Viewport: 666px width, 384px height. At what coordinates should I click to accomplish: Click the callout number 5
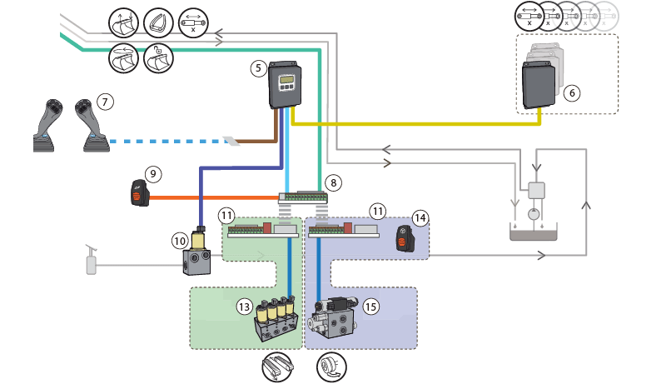tap(258, 68)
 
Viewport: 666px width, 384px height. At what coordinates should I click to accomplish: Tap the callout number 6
tap(572, 92)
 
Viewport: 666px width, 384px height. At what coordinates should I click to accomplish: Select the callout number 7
tap(105, 102)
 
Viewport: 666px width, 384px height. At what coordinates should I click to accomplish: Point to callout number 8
tap(334, 182)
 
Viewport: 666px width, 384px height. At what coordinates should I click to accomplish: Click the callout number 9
tap(153, 174)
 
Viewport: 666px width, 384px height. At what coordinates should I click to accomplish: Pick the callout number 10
tap(180, 242)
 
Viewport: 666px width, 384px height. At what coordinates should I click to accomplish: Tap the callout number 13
tap(244, 307)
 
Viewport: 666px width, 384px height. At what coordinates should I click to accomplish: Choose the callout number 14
tap(420, 218)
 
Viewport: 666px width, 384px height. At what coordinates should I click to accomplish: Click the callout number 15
tap(370, 307)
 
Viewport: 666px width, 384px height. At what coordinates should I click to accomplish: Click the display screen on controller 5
tap(286, 79)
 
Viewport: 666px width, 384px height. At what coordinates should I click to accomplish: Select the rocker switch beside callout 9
tap(140, 194)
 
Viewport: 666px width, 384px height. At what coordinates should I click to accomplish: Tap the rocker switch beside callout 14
tap(404, 239)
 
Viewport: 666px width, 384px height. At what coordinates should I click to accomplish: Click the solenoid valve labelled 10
tap(197, 252)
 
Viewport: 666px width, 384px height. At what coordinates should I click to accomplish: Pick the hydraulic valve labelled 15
tap(335, 317)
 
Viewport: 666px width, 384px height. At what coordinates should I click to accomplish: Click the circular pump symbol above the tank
tap(534, 214)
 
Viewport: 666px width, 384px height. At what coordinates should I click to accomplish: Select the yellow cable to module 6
tap(416, 123)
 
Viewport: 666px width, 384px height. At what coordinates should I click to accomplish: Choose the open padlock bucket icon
tap(158, 57)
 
